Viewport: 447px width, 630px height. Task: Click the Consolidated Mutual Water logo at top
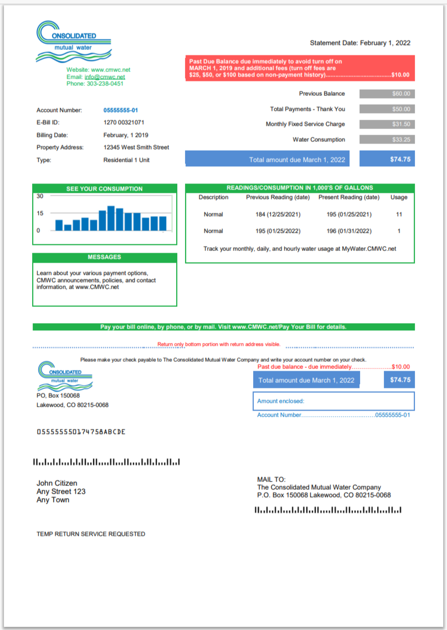pyautogui.click(x=73, y=42)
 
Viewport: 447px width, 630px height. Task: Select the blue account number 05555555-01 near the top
pyautogui.click(x=121, y=110)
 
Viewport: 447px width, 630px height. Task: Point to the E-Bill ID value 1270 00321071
pyautogui.click(x=124, y=122)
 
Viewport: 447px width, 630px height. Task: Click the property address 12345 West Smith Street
pyautogui.click(x=136, y=147)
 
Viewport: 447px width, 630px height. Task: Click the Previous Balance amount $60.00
pyautogui.click(x=387, y=94)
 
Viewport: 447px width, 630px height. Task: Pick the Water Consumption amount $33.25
pyautogui.click(x=387, y=140)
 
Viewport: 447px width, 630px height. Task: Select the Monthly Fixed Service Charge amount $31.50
pyautogui.click(x=387, y=124)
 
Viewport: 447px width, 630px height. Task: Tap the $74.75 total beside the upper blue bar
pyautogui.click(x=387, y=159)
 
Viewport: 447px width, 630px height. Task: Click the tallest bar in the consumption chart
pyautogui.click(x=111, y=218)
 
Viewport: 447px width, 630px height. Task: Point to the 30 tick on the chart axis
pyautogui.click(x=40, y=196)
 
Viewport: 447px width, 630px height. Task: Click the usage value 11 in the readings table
pyautogui.click(x=399, y=214)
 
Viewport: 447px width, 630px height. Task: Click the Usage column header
pyautogui.click(x=399, y=197)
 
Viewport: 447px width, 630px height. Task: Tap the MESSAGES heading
pyautogui.click(x=104, y=257)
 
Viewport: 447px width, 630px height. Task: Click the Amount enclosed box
pyautogui.click(x=333, y=401)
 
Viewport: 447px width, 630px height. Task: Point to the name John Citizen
pyautogui.click(x=57, y=483)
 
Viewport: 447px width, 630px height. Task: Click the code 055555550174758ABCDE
pyautogui.click(x=81, y=432)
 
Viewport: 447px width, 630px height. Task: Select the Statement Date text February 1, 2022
pyautogui.click(x=386, y=43)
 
